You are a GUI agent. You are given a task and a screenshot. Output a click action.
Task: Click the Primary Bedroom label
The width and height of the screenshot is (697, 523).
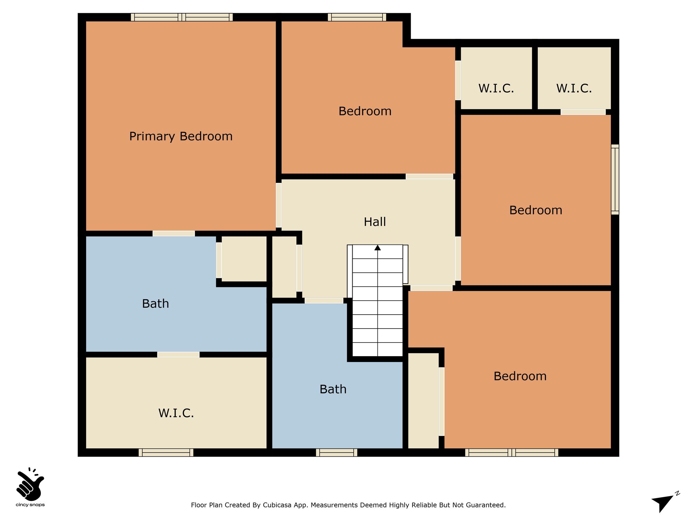click(181, 137)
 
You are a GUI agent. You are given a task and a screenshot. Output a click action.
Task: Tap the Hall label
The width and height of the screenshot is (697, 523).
click(375, 222)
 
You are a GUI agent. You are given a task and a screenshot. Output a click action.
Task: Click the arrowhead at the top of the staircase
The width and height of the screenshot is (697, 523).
click(377, 248)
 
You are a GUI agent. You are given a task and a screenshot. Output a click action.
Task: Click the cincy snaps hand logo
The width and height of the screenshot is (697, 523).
click(30, 484)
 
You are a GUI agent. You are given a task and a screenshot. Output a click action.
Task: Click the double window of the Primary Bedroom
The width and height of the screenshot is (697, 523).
click(182, 17)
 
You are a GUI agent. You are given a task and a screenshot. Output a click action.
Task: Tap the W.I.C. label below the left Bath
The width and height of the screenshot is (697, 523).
click(176, 413)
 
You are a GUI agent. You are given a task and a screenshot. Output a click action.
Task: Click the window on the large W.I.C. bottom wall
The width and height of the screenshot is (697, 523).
click(166, 453)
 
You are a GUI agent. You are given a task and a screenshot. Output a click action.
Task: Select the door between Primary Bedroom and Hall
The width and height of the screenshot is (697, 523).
click(279, 205)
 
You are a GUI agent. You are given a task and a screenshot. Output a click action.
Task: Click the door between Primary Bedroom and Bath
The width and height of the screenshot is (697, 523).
click(174, 234)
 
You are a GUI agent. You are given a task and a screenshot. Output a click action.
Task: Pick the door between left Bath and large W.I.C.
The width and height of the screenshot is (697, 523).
click(178, 354)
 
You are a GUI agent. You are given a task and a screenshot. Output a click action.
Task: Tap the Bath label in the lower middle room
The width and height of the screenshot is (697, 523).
click(333, 389)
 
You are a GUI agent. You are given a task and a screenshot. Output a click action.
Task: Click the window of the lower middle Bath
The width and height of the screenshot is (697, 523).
click(337, 453)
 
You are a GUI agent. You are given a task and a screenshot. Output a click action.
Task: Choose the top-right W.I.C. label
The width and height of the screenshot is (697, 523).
click(574, 89)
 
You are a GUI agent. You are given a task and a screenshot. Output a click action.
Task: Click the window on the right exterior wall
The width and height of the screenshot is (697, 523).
click(615, 179)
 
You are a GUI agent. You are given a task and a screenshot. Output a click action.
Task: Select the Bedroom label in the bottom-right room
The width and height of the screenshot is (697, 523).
click(520, 376)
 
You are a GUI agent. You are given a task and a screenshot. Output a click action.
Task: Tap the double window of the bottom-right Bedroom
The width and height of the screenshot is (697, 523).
click(512, 453)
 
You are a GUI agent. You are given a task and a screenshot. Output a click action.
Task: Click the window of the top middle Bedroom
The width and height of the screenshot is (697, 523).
click(357, 17)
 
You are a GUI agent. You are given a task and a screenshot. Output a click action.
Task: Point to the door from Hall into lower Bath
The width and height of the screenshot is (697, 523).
click(324, 301)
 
